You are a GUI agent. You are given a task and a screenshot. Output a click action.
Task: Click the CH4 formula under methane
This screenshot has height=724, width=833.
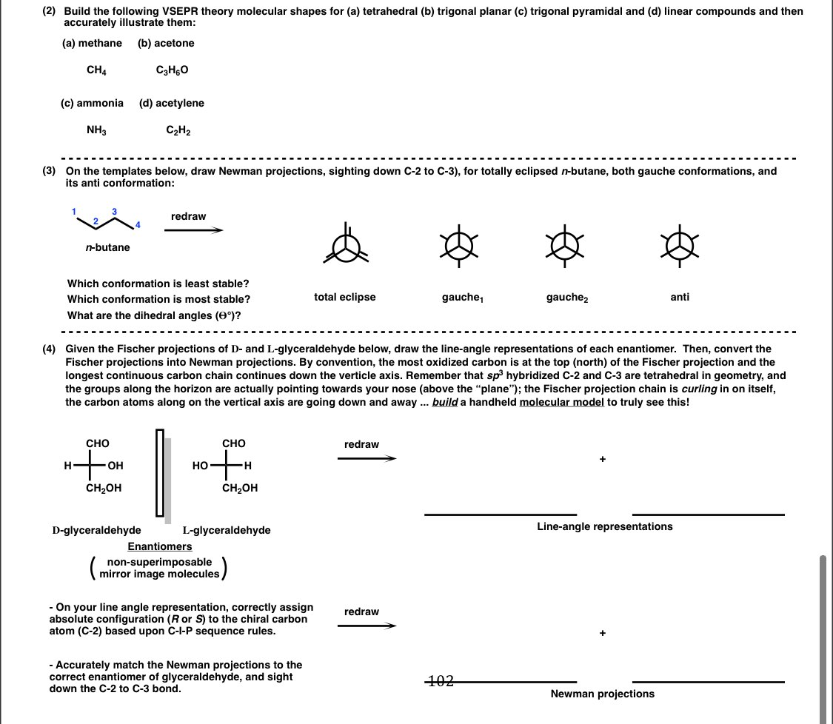pyautogui.click(x=95, y=70)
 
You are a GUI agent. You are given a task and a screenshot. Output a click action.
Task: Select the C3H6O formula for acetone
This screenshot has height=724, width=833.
pyautogui.click(x=173, y=70)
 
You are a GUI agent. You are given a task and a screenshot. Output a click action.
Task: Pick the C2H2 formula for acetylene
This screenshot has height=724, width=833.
pyautogui.click(x=178, y=131)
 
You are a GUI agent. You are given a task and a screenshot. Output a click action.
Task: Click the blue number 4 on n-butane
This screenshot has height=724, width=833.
pyautogui.click(x=137, y=224)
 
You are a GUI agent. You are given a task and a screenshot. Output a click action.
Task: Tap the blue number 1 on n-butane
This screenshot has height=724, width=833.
pyautogui.click(x=74, y=212)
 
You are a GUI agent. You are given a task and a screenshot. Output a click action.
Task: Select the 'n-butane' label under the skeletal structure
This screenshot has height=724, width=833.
pyautogui.click(x=107, y=247)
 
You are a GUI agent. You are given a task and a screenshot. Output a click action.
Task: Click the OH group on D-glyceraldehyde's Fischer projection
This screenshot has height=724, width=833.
pyautogui.click(x=116, y=466)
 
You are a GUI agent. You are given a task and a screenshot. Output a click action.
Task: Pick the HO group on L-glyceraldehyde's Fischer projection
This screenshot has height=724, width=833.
pyautogui.click(x=200, y=466)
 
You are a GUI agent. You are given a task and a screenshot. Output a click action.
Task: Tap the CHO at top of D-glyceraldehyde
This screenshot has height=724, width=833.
pyautogui.click(x=98, y=443)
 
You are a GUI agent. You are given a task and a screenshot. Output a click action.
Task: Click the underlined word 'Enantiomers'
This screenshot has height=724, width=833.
pyautogui.click(x=159, y=546)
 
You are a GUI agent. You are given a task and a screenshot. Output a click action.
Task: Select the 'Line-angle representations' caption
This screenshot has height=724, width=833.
pyautogui.click(x=604, y=526)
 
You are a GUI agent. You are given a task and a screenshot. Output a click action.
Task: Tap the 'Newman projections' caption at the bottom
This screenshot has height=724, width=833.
pyautogui.click(x=602, y=694)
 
